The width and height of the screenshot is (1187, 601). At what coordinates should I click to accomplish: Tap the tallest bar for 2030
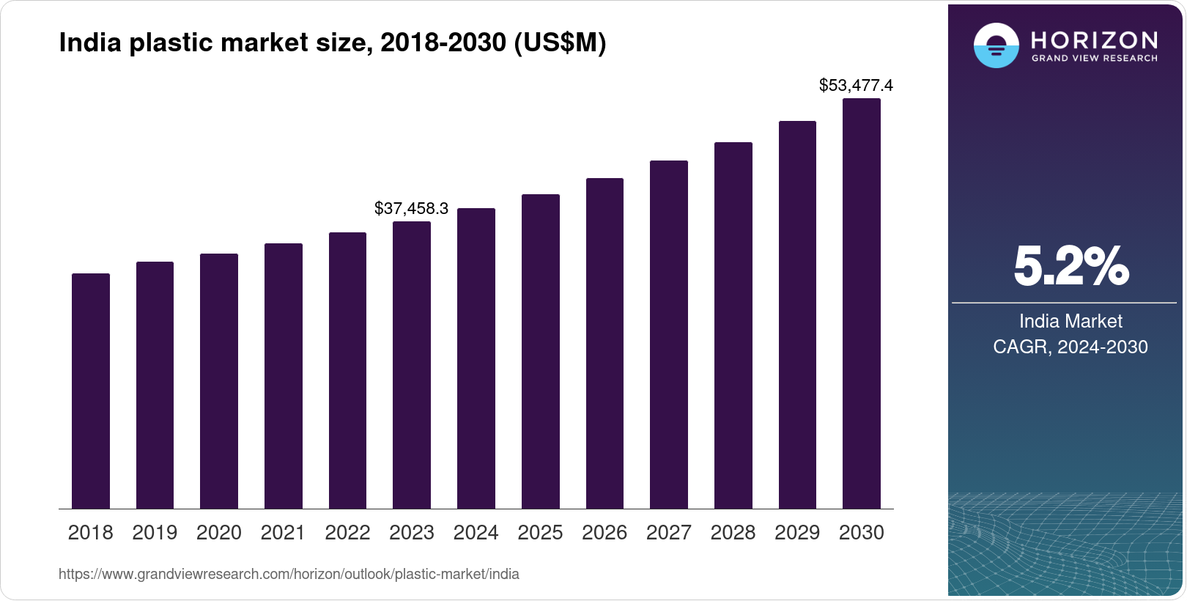862,303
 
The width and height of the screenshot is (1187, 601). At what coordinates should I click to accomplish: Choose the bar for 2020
219,381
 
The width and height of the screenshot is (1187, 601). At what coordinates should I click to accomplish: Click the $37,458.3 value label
411,208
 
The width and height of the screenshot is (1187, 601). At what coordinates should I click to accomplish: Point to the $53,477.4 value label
856,85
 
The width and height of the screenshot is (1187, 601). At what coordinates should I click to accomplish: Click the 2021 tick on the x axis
283,533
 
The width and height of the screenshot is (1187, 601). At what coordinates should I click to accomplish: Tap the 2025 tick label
540,533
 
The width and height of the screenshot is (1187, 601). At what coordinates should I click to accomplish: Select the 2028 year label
733,533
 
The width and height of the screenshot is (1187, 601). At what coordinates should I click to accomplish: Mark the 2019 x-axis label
155,533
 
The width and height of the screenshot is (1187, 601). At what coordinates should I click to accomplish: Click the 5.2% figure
1070,266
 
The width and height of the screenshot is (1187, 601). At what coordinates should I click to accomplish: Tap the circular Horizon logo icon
996,45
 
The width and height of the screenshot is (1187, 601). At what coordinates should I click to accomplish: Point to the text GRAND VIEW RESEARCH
1094,58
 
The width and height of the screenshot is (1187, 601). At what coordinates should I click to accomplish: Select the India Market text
1070,321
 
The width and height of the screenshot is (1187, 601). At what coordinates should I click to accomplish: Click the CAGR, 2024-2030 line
1070,347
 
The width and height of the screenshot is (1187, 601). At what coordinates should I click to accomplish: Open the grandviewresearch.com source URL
289,574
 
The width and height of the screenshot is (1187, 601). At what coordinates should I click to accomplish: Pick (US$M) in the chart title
560,43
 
